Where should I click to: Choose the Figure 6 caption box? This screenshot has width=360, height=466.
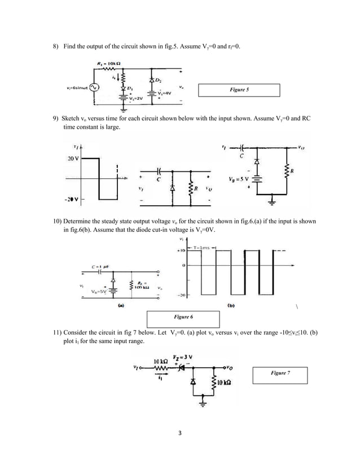pos(174,318)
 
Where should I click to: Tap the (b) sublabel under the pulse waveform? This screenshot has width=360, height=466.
pos(231,306)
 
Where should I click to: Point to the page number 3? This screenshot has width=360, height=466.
pos(179,434)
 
